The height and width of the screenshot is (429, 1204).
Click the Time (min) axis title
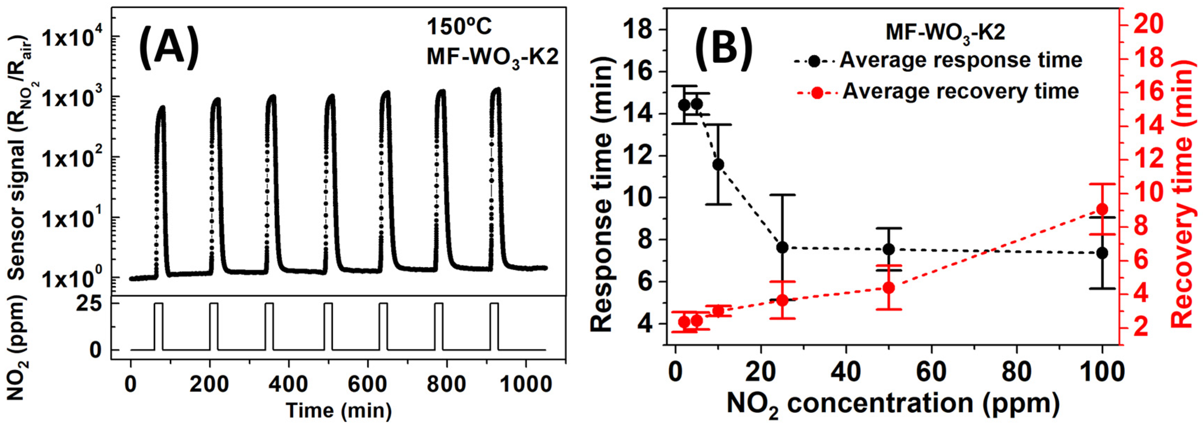click(338, 411)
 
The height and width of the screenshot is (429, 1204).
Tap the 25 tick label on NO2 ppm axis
click(95, 304)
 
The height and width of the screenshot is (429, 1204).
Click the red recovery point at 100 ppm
click(1102, 209)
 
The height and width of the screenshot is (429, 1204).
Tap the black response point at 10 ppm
click(719, 164)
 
